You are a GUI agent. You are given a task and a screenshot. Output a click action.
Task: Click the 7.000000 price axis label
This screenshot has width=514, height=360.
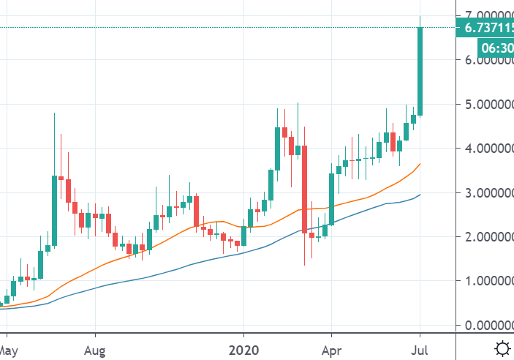point(484,15)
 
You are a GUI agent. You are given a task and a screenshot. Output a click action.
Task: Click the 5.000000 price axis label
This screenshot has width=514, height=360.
point(484,104)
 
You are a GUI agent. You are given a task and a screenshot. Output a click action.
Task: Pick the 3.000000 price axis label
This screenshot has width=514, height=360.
point(484,192)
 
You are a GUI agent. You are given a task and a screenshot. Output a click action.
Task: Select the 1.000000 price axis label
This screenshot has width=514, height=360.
point(484,281)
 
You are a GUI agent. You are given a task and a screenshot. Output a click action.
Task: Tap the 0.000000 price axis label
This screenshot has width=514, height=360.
point(484,325)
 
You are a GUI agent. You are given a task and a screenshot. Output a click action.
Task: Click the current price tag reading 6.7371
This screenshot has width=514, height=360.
point(484,29)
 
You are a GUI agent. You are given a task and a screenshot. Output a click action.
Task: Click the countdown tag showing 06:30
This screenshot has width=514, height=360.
point(496,48)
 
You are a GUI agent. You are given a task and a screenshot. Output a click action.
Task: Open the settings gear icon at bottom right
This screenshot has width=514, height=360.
point(502,348)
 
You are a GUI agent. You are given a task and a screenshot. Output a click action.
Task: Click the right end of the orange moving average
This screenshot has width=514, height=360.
point(420,165)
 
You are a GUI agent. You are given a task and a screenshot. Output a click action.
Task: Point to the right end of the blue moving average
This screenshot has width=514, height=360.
point(420,195)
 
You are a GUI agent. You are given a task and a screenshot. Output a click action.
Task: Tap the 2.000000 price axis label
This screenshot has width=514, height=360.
point(484,237)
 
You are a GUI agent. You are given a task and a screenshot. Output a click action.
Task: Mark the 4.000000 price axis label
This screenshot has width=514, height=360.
point(484,149)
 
